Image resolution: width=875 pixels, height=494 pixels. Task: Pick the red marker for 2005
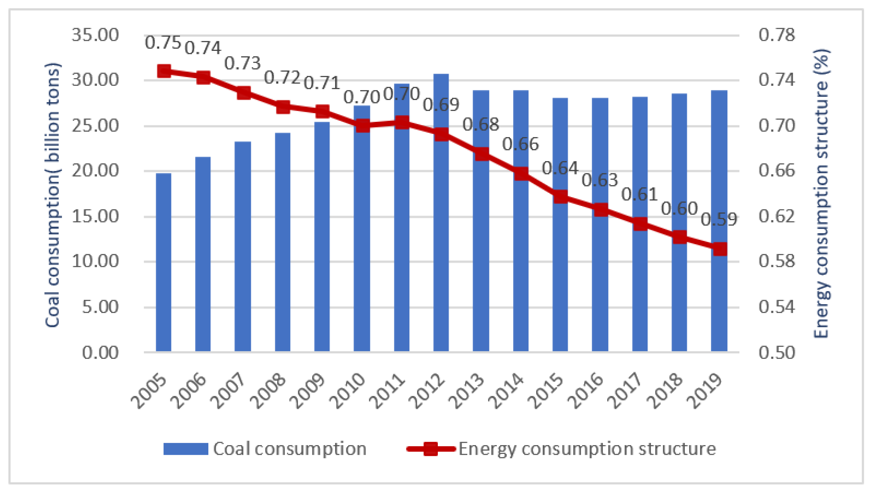pyautogui.click(x=164, y=71)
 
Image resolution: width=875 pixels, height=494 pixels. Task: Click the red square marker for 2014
pyautogui.click(x=521, y=174)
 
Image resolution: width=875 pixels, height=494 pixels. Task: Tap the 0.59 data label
pyautogui.click(x=718, y=219)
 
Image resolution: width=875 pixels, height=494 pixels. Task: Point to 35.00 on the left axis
pyautogui.click(x=95, y=35)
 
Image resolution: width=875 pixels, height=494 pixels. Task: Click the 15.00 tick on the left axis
pyautogui.click(x=95, y=216)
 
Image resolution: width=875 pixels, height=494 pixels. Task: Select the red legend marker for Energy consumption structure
pyautogui.click(x=431, y=449)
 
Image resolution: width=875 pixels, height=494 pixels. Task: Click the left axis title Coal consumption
pyautogui.click(x=53, y=195)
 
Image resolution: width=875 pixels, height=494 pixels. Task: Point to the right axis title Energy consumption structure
pyautogui.click(x=821, y=193)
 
